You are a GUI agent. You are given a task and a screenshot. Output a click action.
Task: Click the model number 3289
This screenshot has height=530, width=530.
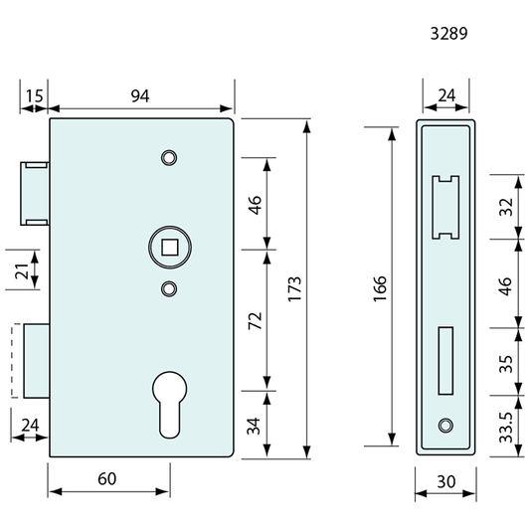tap(448, 34)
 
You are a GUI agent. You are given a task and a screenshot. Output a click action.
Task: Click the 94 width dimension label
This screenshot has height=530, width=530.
tap(140, 96)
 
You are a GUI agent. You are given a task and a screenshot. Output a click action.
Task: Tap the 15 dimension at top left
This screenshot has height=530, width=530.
tap(35, 96)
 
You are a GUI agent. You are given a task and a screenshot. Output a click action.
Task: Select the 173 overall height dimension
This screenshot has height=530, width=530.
tap(294, 288)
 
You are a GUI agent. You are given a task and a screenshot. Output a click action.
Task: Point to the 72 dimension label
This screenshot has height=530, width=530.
tap(255, 321)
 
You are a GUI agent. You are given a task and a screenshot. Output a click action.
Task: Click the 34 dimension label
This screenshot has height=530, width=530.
tap(254, 426)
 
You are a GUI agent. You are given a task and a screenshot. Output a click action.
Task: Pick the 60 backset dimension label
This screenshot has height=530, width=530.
tap(106, 479)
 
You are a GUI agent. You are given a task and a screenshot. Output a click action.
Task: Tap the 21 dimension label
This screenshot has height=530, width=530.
tap(22, 270)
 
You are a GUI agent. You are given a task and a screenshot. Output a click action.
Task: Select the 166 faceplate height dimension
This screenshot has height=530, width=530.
tap(380, 288)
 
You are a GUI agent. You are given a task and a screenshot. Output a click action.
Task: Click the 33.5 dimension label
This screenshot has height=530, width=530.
tap(506, 427)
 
